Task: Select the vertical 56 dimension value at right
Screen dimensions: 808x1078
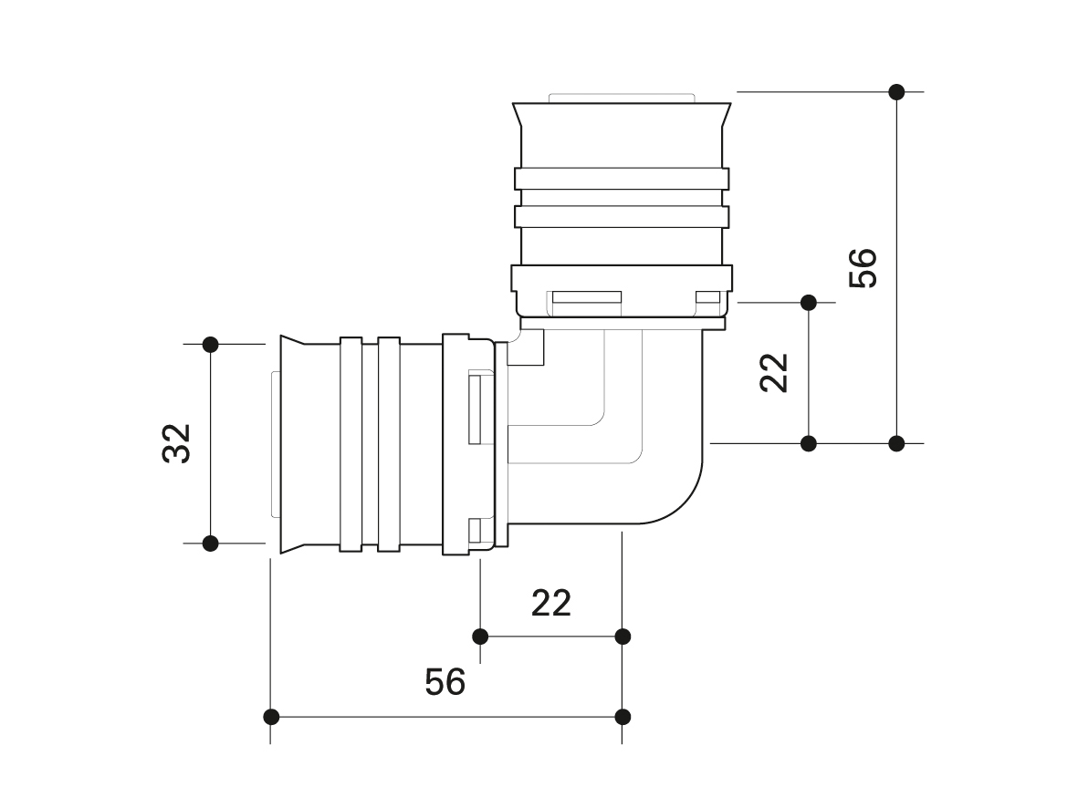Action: (862, 267)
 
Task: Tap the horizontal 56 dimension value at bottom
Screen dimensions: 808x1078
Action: (445, 681)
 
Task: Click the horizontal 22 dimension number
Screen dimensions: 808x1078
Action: (551, 603)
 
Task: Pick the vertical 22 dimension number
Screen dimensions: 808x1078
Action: (774, 372)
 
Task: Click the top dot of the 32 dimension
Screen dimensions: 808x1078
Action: (211, 345)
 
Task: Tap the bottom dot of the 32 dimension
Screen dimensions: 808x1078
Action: (211, 544)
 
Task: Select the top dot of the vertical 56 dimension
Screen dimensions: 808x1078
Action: (896, 92)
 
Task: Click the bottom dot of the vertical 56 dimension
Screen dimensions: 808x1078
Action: (896, 443)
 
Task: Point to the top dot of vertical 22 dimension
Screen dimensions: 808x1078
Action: (808, 301)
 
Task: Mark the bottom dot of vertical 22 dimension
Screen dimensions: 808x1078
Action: (808, 443)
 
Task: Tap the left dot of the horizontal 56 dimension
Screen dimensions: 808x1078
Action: (271, 716)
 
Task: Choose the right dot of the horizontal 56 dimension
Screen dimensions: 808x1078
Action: (623, 716)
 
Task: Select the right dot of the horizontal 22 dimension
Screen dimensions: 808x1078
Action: (623, 636)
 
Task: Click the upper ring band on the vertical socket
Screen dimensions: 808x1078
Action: (622, 179)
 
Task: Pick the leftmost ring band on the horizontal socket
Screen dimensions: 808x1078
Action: (351, 444)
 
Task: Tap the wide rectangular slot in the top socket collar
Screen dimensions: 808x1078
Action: (586, 298)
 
